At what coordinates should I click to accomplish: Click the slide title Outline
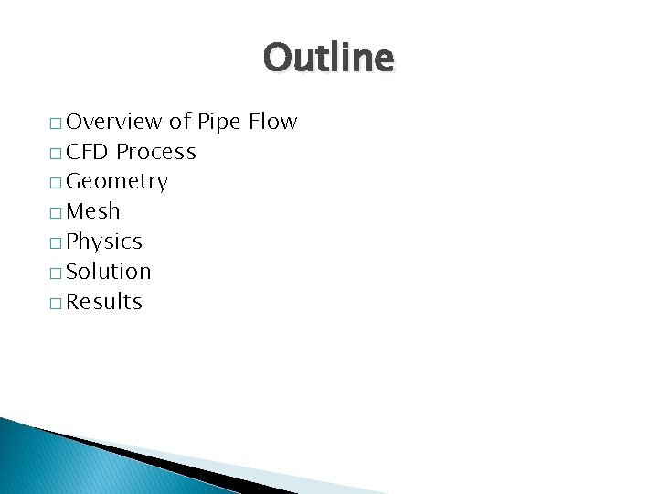(329, 59)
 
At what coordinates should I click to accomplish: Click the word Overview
(114, 122)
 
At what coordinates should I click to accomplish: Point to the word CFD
(88, 152)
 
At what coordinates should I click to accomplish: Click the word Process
(156, 152)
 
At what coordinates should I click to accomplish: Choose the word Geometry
(117, 182)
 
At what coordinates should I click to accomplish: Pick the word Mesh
(93, 212)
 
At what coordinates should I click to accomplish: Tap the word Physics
(104, 242)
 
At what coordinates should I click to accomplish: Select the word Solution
(109, 272)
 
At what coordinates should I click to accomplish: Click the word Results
(104, 302)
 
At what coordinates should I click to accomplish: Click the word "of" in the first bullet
(180, 122)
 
